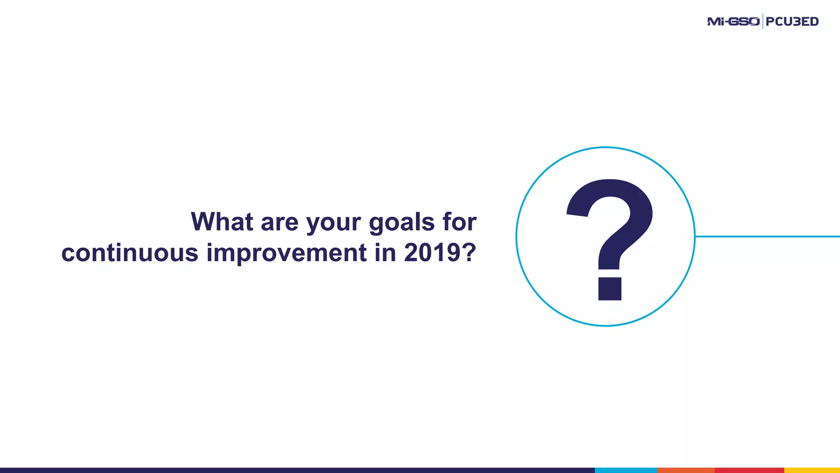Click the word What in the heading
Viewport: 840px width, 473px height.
point(222,222)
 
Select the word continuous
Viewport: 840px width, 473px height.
point(130,253)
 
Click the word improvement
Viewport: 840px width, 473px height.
point(286,253)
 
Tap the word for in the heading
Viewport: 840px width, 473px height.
point(459,222)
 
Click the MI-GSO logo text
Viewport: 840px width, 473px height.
point(733,21)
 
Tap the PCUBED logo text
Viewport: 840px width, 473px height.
point(792,21)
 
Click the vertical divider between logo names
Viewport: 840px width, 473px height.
point(762,21)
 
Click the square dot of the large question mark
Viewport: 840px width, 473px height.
point(609,289)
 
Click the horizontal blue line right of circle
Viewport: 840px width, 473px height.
point(767,236)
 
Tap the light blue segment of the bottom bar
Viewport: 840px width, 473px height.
point(625,470)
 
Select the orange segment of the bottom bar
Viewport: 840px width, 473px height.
point(685,470)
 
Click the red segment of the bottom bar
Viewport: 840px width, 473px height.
point(749,470)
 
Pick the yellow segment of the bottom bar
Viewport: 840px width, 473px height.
point(812,470)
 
